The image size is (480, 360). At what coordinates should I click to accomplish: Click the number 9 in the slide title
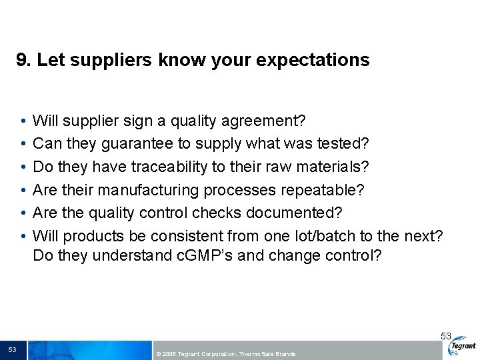coord(22,60)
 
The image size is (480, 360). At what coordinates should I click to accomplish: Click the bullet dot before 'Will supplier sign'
coord(23,121)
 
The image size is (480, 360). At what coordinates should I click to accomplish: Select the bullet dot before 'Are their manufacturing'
coord(23,190)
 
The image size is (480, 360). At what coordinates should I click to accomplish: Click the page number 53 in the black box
coord(13,350)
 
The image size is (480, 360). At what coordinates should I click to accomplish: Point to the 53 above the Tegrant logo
coord(446,336)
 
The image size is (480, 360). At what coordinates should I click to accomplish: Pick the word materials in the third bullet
coord(333,167)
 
